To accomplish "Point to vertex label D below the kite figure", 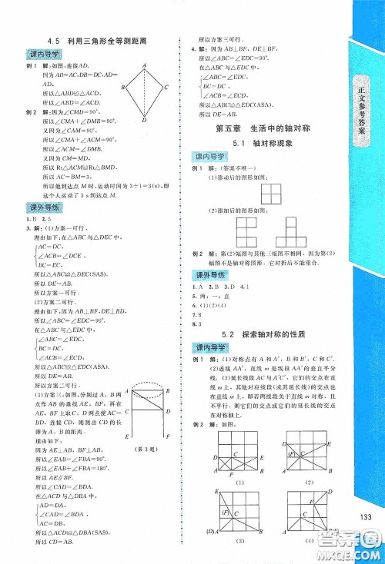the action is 142,118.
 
